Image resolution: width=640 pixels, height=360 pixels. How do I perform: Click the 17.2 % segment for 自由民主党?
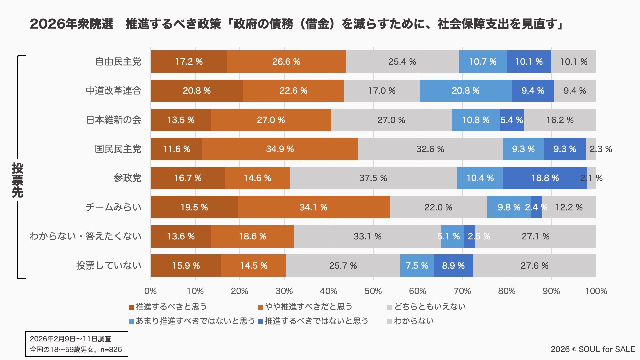(x=189, y=62)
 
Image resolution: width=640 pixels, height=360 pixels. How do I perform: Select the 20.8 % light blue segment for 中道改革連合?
(x=465, y=91)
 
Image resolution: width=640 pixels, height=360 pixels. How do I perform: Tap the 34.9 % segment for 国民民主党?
(x=280, y=149)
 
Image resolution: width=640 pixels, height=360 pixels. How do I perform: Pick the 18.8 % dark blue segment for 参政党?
(x=545, y=178)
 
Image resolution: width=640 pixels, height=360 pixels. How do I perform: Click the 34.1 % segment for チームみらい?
(x=313, y=207)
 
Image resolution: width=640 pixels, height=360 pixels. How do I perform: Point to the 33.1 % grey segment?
(x=367, y=236)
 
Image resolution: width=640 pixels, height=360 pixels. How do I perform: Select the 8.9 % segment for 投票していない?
(x=453, y=266)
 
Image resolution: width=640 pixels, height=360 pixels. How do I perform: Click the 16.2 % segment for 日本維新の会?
(x=560, y=120)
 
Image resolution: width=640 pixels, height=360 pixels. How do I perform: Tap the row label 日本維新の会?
(x=114, y=120)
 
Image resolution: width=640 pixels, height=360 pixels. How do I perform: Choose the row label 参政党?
(x=127, y=178)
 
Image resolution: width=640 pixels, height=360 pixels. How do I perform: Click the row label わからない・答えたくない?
(x=85, y=236)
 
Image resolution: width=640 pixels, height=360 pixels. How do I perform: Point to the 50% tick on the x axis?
(x=373, y=291)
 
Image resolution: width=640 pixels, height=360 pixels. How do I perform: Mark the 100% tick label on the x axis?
(x=596, y=291)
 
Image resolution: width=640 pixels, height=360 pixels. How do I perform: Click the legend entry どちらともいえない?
(x=430, y=307)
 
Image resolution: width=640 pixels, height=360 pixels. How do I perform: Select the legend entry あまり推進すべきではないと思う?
(x=195, y=321)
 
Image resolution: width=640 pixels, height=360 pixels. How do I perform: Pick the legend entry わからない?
(x=414, y=321)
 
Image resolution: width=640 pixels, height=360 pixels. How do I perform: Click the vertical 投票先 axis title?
(x=17, y=180)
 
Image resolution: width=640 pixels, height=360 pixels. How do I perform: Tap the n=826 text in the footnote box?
(x=111, y=350)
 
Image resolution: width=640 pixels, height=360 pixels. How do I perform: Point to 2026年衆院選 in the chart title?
(x=72, y=24)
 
